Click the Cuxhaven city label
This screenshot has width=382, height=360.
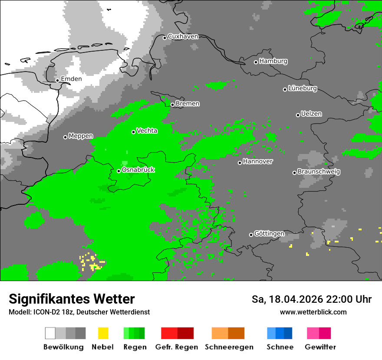(183, 37)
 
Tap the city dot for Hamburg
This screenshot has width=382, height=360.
(256, 62)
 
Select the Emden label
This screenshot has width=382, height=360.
(71, 79)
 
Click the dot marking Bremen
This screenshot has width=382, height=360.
(172, 105)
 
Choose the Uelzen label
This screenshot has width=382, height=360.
(311, 114)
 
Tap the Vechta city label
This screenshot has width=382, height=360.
(147, 131)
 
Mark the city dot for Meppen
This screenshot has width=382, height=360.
(65, 137)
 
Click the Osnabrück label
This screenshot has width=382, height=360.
(138, 170)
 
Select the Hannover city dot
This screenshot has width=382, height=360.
(240, 163)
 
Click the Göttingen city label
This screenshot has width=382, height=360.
(269, 234)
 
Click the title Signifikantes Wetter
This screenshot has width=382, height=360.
(72, 299)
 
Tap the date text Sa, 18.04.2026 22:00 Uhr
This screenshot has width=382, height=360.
(311, 300)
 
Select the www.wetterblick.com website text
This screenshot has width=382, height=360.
(313, 312)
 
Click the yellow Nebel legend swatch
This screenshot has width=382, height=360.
(103, 333)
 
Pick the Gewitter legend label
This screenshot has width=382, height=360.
(320, 347)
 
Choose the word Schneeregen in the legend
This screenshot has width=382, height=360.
(229, 347)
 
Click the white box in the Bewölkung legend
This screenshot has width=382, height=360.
(50, 333)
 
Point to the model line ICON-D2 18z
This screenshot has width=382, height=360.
(79, 312)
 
